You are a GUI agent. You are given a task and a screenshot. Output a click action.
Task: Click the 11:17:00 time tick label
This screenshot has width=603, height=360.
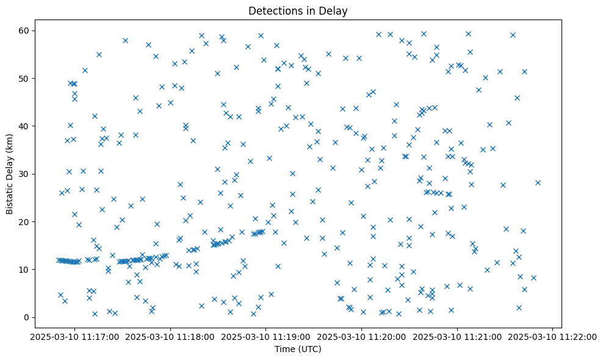click(74, 336)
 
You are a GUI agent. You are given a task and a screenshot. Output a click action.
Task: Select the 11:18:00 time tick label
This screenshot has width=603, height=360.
click(170, 336)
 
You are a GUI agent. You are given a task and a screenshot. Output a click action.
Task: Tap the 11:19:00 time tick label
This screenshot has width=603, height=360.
click(266, 336)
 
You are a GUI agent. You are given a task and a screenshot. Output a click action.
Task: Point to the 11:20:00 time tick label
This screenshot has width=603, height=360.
click(362, 336)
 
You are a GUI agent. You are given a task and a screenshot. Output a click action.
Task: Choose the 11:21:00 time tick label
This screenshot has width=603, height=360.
click(457, 336)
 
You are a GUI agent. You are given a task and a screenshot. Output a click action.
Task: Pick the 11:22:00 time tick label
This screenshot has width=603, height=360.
click(553, 336)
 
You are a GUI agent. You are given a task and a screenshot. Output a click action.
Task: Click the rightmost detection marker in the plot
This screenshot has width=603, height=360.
click(538, 182)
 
